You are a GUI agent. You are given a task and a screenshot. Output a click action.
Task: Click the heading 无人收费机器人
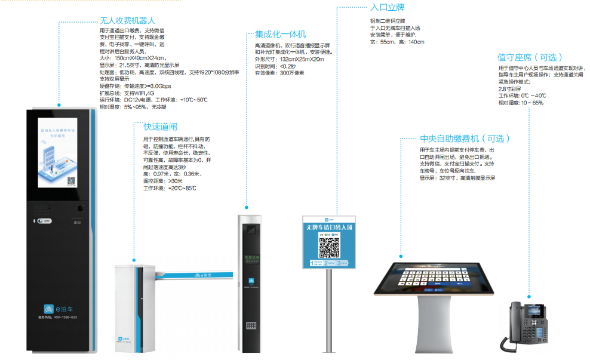(127, 20)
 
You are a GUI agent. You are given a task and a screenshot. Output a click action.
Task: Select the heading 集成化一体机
(280, 34)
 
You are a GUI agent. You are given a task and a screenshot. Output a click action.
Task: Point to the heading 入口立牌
(387, 8)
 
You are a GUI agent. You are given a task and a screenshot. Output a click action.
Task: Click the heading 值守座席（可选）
(530, 57)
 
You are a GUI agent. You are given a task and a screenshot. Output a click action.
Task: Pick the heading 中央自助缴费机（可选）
(465, 139)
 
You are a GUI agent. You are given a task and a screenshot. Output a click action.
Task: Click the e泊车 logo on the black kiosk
(57, 308)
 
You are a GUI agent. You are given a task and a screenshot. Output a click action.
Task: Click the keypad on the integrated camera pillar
(251, 327)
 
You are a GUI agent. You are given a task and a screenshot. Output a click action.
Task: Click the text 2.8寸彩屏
(509, 88)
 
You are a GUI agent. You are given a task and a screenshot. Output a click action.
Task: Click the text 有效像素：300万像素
(279, 73)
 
